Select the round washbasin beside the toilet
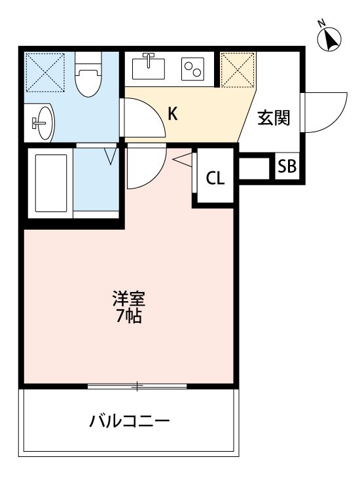point(43,122)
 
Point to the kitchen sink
point(148,67)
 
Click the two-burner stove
point(193,69)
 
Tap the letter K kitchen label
point(172,115)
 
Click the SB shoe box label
point(286,166)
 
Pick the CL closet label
point(215,178)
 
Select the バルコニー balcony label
point(130,420)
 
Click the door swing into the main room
point(144,167)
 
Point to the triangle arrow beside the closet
point(184,158)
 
